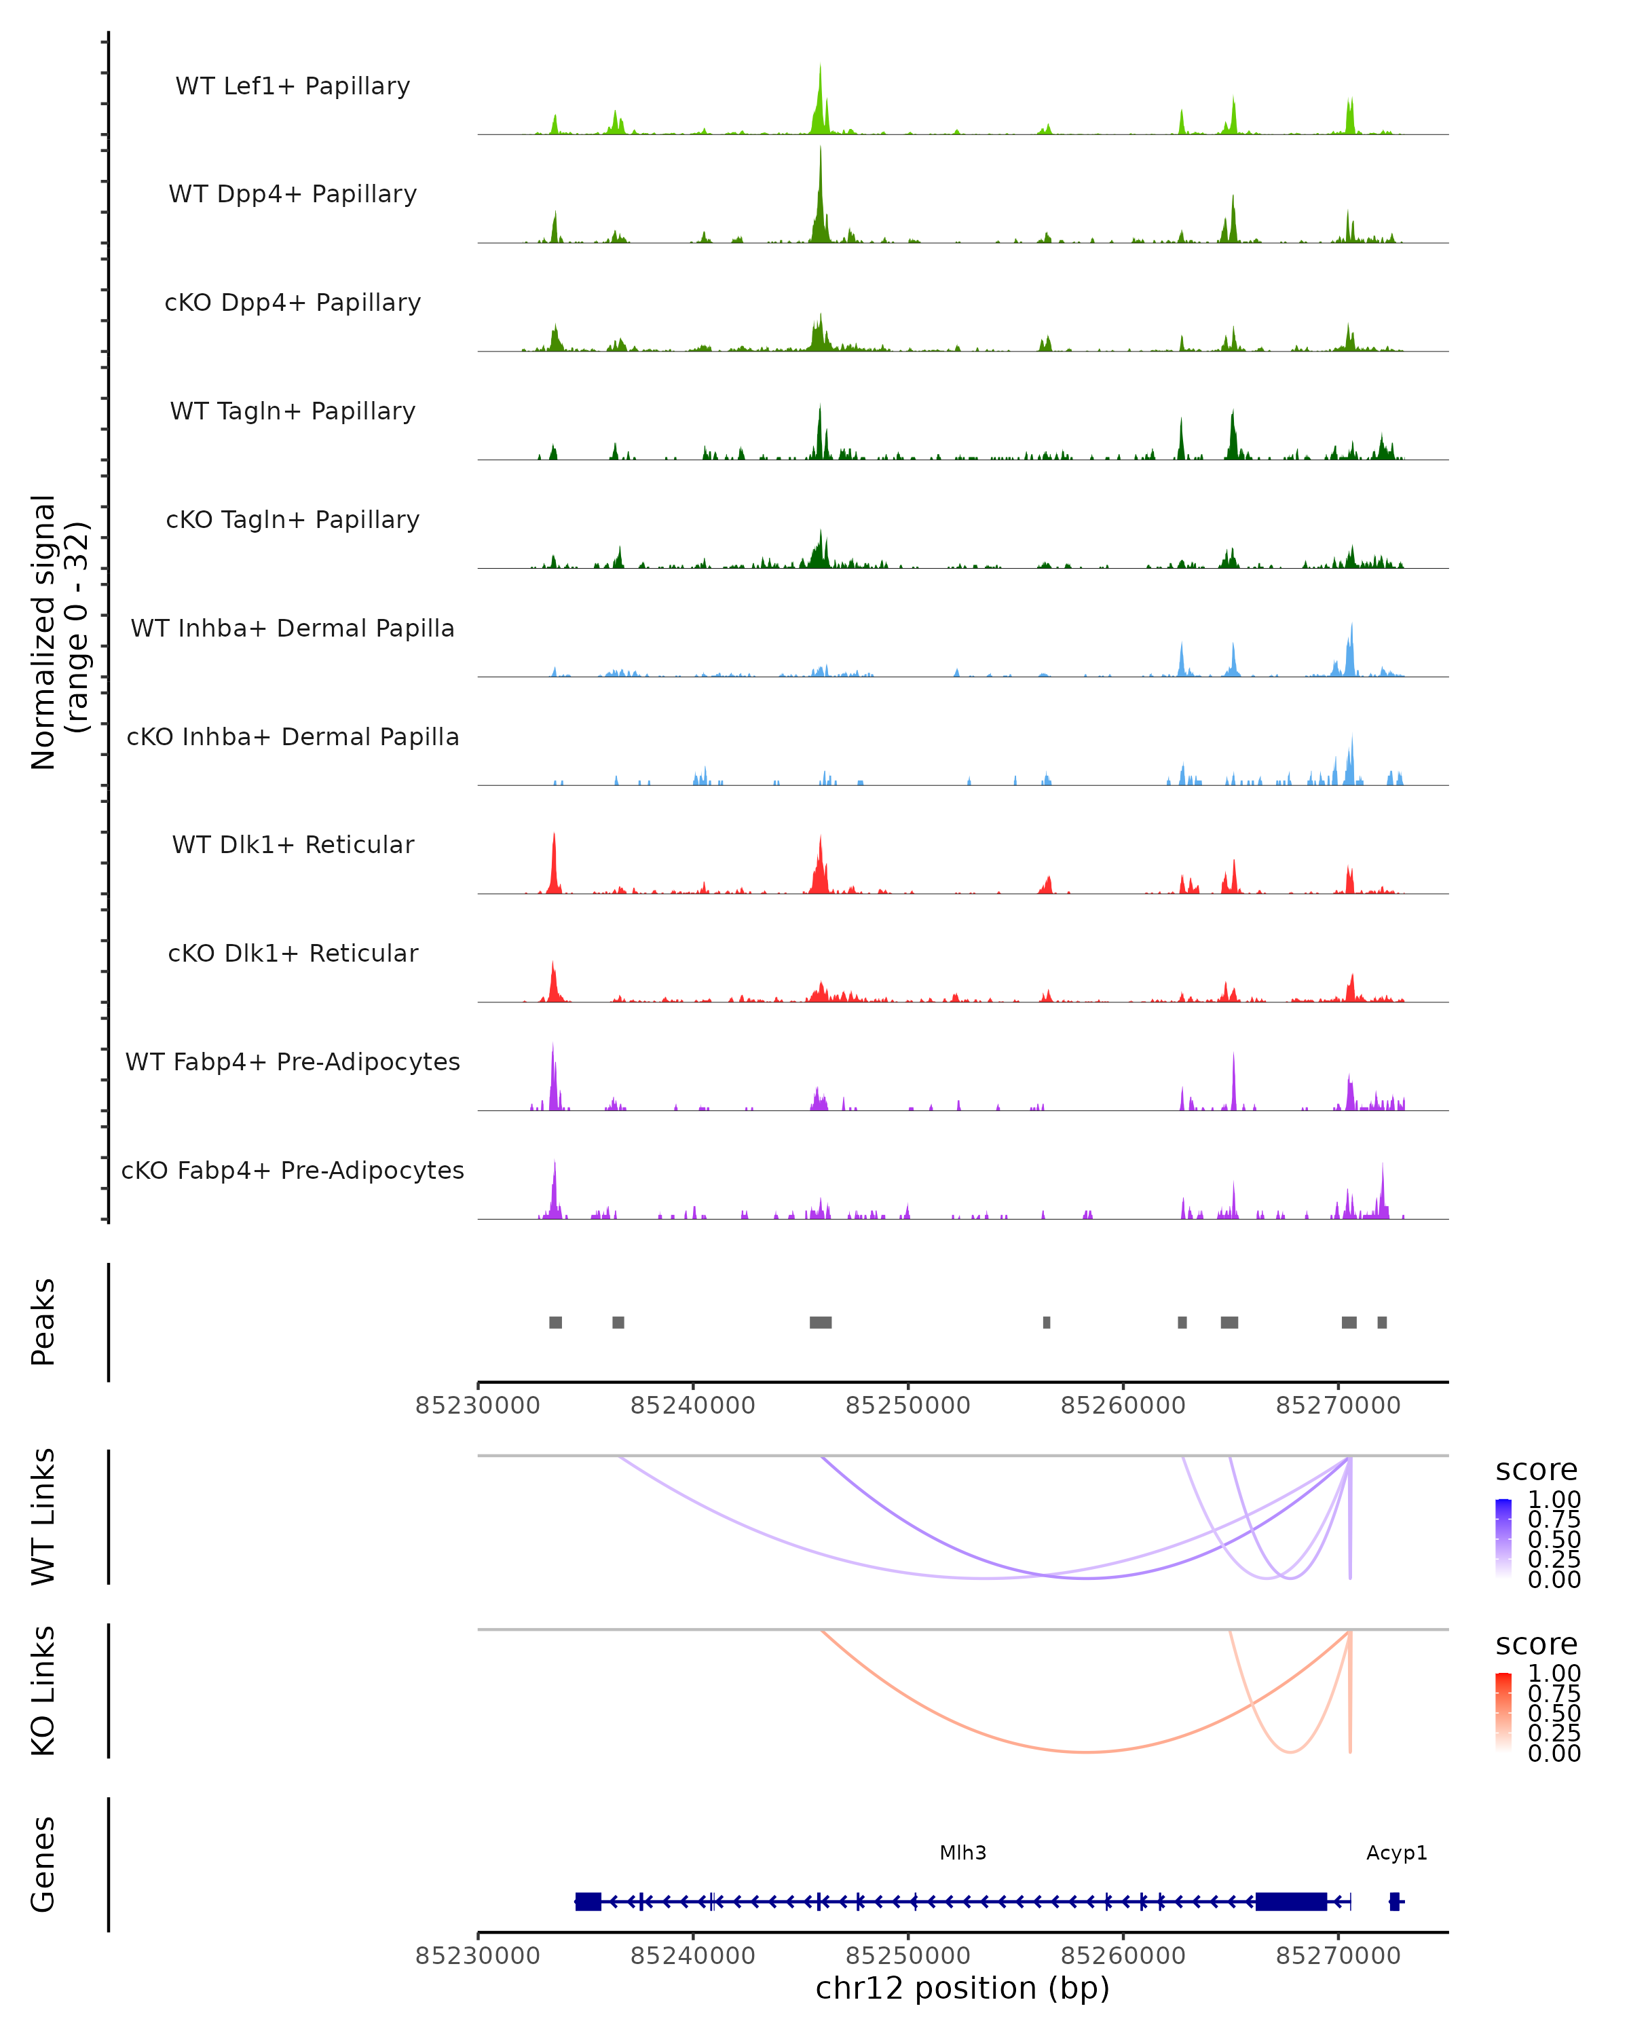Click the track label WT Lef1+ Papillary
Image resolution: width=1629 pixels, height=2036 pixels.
[293, 86]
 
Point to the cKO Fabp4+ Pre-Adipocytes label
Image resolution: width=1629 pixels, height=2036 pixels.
[293, 1170]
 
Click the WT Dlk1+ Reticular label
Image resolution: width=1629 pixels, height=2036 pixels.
[293, 844]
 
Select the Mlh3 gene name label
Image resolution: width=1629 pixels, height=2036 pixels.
[962, 1853]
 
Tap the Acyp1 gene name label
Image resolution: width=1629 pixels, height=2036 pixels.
[1396, 1853]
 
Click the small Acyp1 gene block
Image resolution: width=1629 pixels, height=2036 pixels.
[1394, 1902]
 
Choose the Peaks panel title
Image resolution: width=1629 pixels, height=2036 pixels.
[43, 1321]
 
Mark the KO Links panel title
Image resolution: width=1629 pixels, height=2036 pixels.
[43, 1691]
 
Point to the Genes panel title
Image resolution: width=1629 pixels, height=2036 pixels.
[43, 1864]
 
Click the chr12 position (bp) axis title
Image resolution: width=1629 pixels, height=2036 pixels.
[962, 1988]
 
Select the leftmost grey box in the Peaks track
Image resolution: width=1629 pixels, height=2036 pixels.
[555, 1322]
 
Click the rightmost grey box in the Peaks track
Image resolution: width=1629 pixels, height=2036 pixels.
[1381, 1322]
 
